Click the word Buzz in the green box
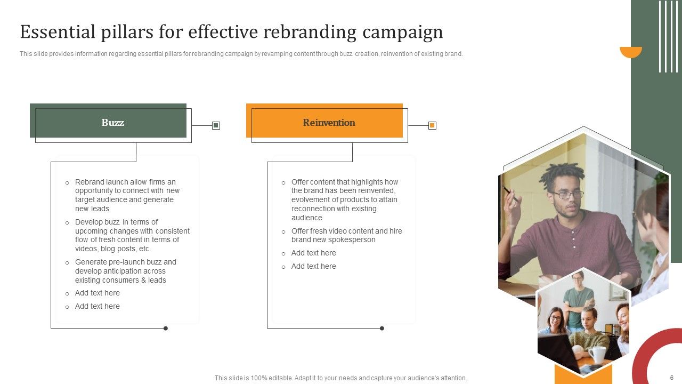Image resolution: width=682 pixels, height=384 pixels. (x=112, y=123)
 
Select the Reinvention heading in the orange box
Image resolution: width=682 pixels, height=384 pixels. (x=329, y=123)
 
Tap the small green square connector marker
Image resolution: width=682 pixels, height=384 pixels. (x=216, y=125)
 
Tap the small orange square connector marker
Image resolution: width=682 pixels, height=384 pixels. (x=432, y=125)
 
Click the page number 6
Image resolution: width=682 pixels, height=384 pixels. (x=671, y=377)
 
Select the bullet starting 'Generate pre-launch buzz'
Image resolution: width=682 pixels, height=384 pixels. (x=125, y=271)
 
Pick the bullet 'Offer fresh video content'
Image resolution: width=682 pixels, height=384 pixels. (x=346, y=235)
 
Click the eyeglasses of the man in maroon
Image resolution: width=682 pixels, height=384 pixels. (x=568, y=194)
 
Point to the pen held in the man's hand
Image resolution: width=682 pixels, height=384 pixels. (x=509, y=194)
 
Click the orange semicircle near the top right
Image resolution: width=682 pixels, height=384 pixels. (x=631, y=51)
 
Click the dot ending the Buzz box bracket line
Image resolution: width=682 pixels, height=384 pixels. (x=166, y=328)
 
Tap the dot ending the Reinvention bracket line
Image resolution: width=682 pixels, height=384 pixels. (x=382, y=328)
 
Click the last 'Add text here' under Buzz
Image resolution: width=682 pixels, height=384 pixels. (x=97, y=306)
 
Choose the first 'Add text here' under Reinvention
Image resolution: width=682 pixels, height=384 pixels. (x=313, y=253)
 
